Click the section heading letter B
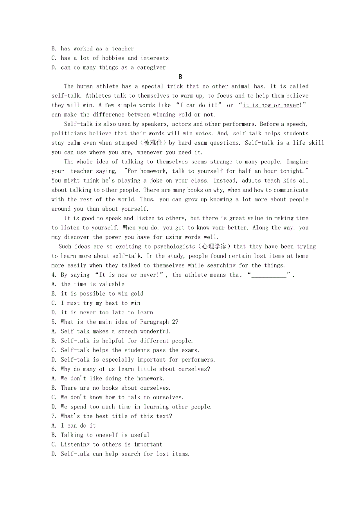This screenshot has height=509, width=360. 180,77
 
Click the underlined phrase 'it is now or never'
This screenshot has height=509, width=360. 270,105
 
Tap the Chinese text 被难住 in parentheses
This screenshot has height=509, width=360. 153,143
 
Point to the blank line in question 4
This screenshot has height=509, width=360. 269,275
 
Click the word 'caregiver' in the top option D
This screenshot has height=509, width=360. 151,68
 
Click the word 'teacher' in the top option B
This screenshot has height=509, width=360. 123,49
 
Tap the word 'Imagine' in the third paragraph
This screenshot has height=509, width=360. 297,162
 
